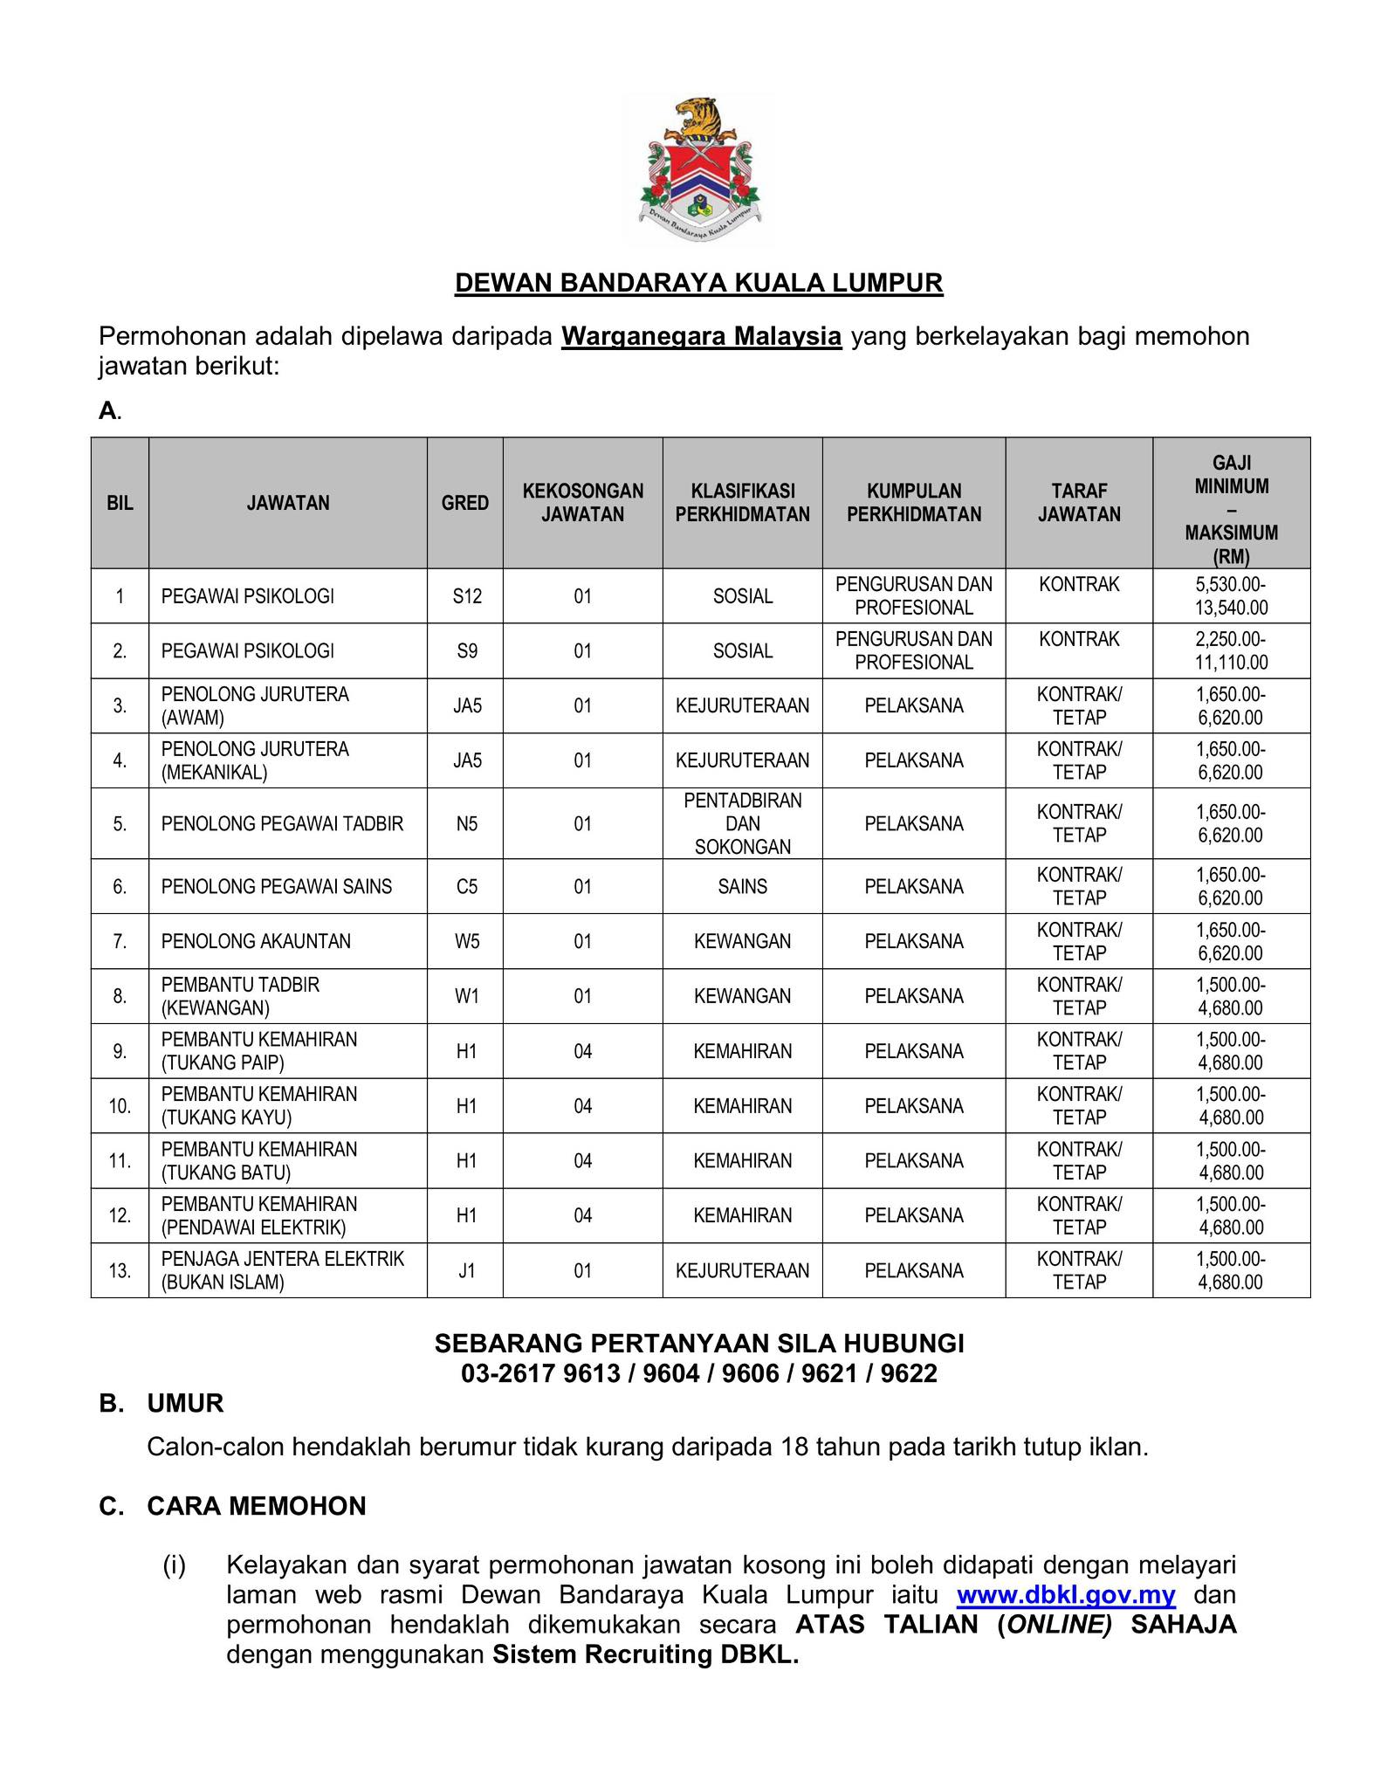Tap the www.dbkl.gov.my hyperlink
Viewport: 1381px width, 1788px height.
1066,1595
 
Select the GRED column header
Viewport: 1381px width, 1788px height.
464,503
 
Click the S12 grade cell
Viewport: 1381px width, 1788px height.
467,596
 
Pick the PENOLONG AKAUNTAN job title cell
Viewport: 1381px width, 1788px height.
256,941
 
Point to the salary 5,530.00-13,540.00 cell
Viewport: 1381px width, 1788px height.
1231,596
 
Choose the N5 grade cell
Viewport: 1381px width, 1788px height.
467,823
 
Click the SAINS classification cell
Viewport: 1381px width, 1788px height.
742,886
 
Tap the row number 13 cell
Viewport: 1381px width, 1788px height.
120,1270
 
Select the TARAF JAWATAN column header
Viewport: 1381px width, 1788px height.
1079,503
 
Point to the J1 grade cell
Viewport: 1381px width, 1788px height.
467,1270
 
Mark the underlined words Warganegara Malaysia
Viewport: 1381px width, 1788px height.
701,336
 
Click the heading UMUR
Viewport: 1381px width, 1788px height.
185,1403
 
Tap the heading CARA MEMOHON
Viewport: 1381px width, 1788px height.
256,1506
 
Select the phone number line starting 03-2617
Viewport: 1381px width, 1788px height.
699,1373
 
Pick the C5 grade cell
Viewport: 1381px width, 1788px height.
467,886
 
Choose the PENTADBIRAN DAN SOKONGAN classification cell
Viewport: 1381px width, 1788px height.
742,823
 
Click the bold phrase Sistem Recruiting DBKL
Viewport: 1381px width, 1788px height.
645,1654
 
